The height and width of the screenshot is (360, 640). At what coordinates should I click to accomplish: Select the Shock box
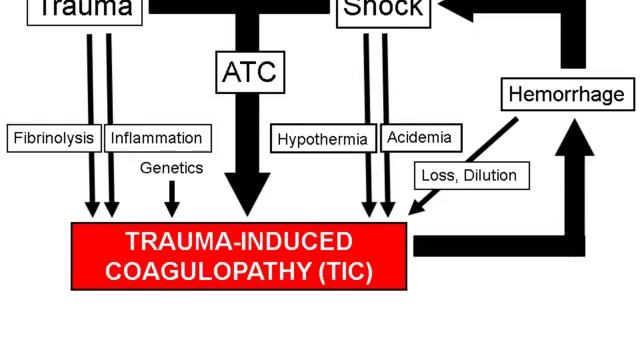click(383, 11)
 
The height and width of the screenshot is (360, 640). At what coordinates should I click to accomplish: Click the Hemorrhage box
click(566, 95)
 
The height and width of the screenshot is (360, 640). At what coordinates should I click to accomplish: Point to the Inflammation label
click(156, 138)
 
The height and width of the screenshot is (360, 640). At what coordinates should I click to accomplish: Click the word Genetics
click(171, 168)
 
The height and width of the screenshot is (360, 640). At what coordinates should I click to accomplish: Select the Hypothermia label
click(322, 138)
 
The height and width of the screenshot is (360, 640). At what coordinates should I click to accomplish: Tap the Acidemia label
click(419, 138)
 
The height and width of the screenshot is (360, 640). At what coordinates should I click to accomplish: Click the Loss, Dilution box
click(469, 176)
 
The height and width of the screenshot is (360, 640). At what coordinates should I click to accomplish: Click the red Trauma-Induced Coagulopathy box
click(240, 256)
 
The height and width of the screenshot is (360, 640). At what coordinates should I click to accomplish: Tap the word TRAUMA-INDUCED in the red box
click(240, 241)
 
